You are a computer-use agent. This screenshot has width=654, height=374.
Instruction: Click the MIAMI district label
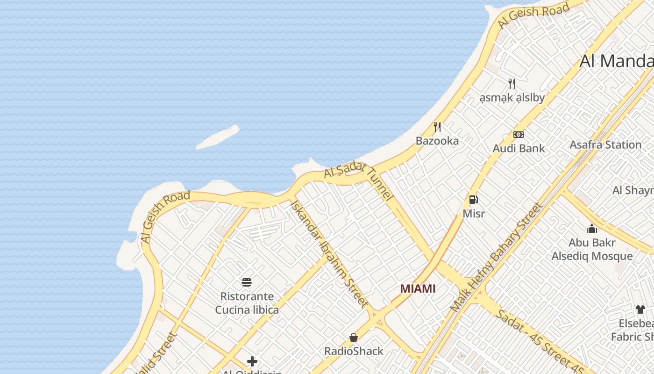coord(418,289)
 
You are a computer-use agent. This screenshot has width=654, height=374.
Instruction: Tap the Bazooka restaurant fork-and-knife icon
coord(437,127)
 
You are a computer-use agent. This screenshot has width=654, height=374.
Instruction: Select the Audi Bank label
coord(519,149)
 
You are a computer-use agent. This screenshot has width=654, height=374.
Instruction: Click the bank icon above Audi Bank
coord(519,135)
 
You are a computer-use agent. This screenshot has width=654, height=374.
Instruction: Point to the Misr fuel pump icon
coord(474,200)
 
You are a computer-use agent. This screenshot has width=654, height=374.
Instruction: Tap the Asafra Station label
coord(605,145)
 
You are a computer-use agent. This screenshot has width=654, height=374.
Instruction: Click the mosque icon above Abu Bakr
coord(592,229)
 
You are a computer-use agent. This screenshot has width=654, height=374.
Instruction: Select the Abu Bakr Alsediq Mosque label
coord(592,250)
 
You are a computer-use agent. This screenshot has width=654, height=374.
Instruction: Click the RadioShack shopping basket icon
coord(354,337)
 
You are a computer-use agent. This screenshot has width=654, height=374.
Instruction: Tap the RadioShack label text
coord(354,351)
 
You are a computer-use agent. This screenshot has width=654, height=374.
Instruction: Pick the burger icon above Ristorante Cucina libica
coord(247,282)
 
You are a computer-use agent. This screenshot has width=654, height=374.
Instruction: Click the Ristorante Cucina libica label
coord(247,303)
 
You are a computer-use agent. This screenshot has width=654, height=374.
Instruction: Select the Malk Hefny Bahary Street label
coord(496,257)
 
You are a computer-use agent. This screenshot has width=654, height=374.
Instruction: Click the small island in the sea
coord(218,137)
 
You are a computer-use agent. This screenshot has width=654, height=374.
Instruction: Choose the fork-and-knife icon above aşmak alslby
coord(512,84)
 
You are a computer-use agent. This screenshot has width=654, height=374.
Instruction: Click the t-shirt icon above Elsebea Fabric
coord(640,309)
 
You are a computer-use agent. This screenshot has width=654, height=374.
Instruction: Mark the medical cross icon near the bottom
coord(252,361)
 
